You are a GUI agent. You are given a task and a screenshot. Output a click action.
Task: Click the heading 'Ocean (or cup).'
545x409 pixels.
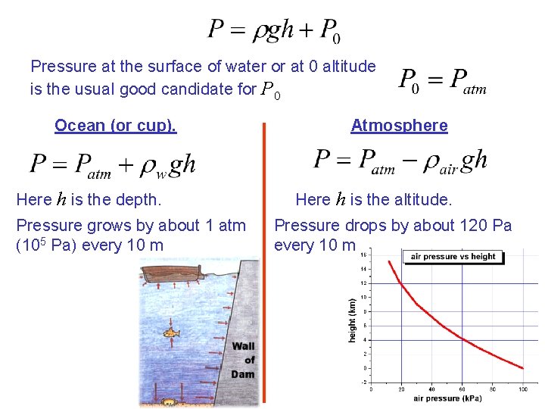click(x=115, y=126)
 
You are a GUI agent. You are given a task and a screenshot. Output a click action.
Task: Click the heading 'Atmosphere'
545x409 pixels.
click(x=399, y=126)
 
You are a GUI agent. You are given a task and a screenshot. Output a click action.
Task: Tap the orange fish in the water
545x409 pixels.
click(x=173, y=332)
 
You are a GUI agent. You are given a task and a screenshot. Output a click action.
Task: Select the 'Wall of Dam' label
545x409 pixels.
click(x=244, y=360)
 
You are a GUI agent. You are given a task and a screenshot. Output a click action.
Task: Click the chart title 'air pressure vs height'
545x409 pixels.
click(x=453, y=257)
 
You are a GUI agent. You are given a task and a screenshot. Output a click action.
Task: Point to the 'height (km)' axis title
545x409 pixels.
click(x=352, y=318)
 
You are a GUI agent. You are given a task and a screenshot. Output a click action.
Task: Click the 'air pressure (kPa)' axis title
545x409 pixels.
click(x=447, y=398)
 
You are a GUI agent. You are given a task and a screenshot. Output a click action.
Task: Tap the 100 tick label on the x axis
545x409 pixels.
click(x=522, y=389)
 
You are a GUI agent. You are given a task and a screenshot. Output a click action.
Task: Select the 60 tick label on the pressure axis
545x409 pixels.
click(x=462, y=389)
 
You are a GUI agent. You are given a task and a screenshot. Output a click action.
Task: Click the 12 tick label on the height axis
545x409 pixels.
click(x=364, y=283)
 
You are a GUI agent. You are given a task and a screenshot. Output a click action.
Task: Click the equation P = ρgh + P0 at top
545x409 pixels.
click(x=274, y=30)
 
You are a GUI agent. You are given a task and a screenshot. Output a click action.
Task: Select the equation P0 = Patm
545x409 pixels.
click(x=442, y=80)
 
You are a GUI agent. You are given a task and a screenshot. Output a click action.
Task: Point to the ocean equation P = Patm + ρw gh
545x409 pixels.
click(x=113, y=164)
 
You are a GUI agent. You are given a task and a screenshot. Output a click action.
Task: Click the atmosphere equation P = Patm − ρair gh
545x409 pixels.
click(x=400, y=161)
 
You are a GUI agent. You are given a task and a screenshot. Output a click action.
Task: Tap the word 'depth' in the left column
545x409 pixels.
click(x=139, y=200)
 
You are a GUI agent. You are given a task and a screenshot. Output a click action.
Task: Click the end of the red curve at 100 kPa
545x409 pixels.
click(x=522, y=368)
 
